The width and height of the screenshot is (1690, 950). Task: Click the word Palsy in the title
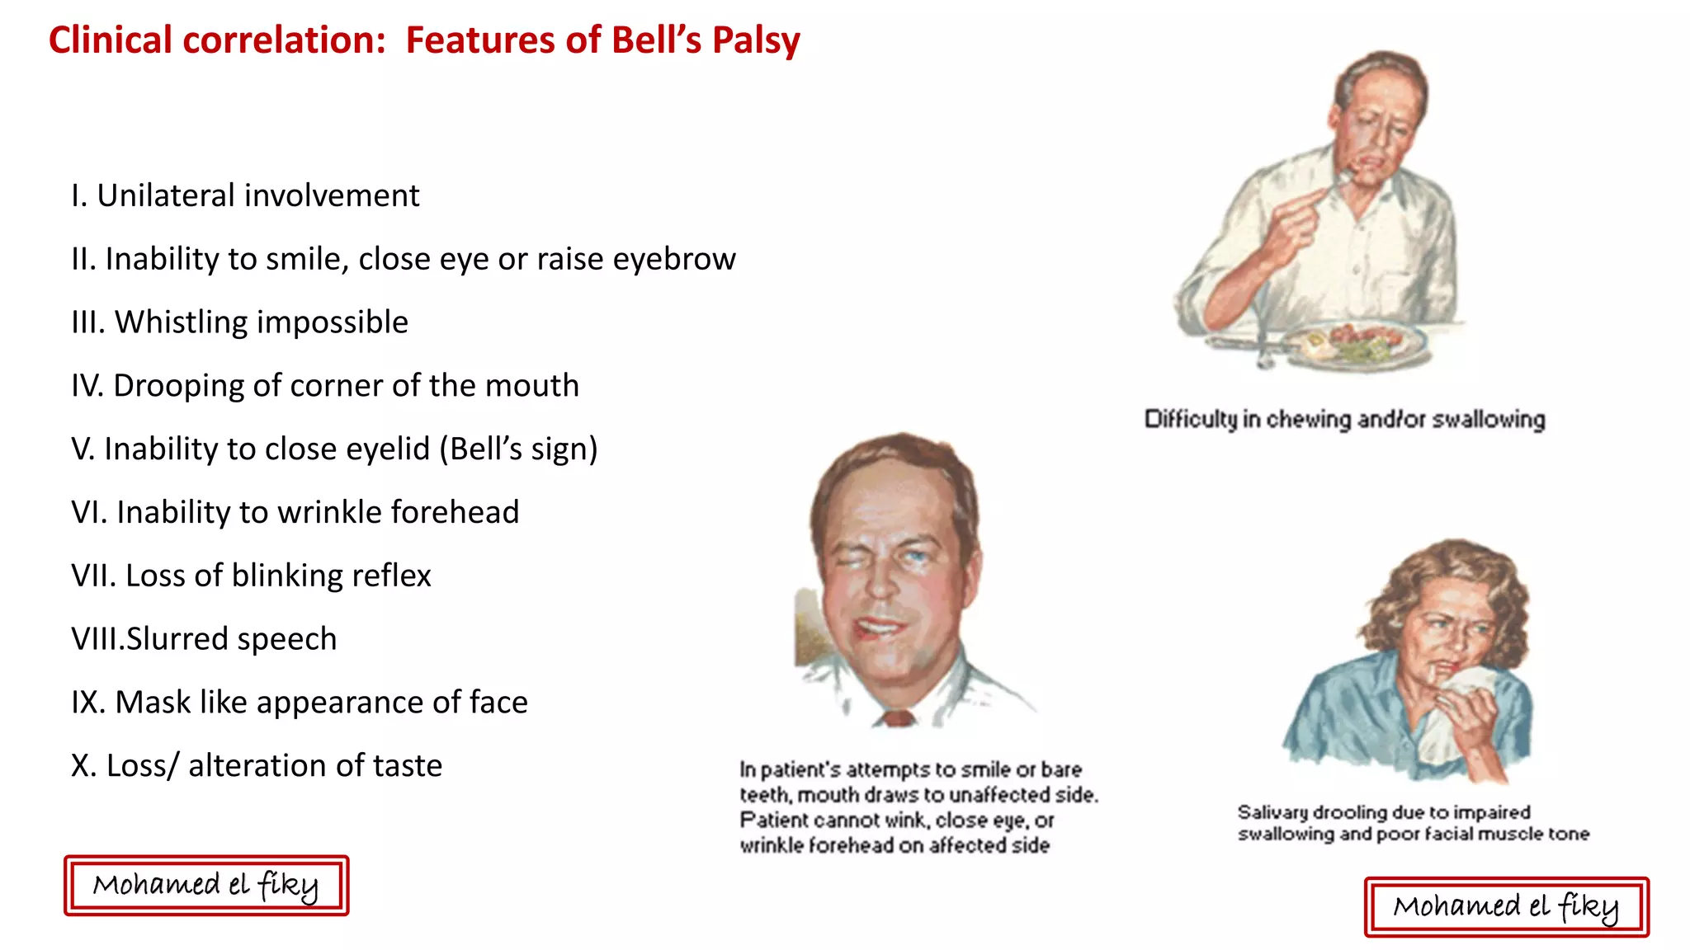[x=756, y=40]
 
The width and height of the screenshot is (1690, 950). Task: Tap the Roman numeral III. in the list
[x=88, y=322]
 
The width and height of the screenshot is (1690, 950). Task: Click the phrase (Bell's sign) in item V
[x=518, y=449]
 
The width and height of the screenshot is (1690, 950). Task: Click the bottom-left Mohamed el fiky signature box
[x=206, y=886]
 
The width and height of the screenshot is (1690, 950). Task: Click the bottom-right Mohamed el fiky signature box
[x=1506, y=907]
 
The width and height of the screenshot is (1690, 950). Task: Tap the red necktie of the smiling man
[x=898, y=718]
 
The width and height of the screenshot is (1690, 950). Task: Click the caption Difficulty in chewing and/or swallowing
[x=1344, y=420]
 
